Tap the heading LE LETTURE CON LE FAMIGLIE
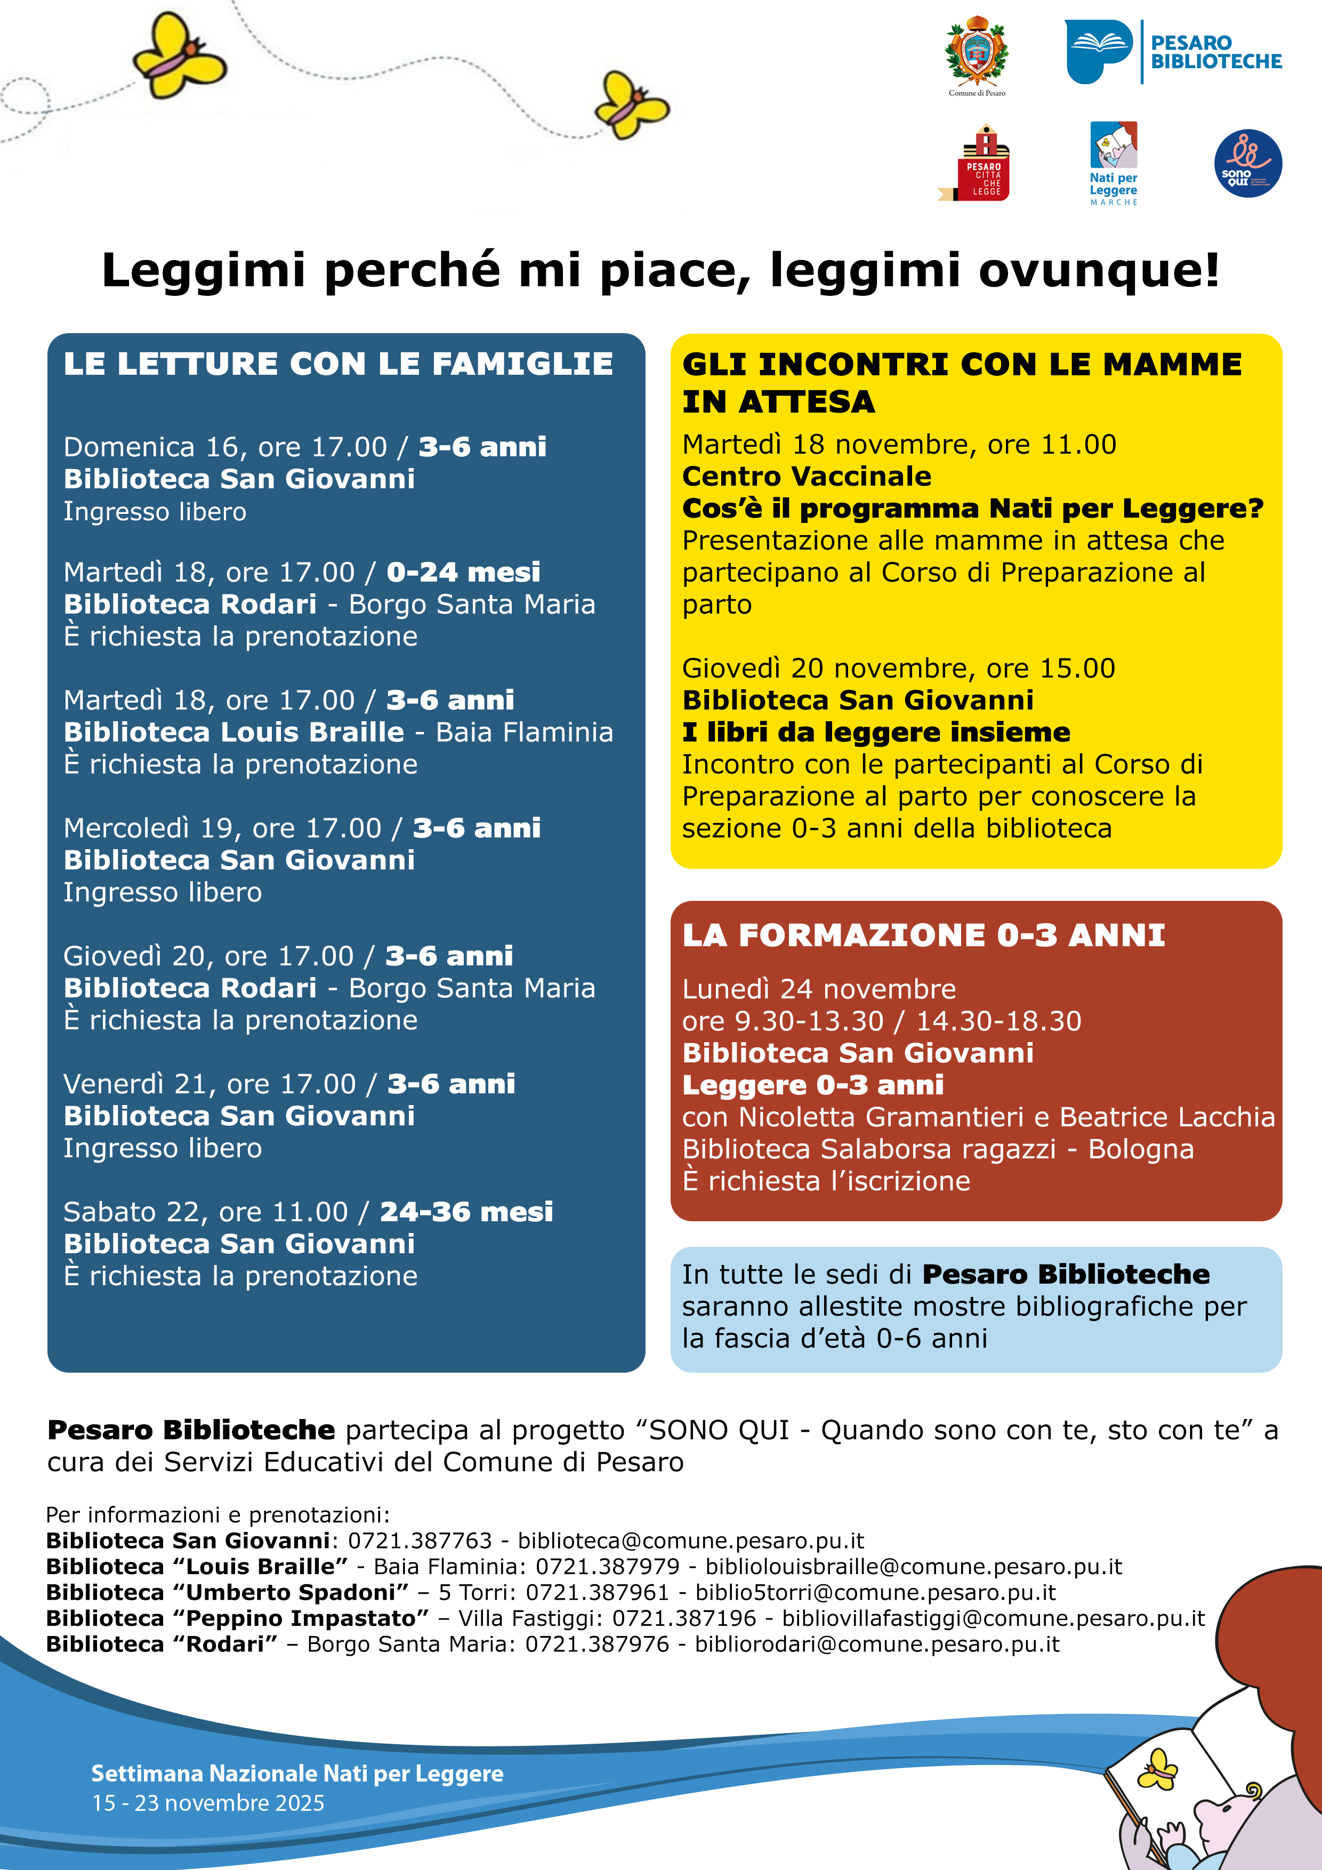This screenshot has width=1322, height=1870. [338, 364]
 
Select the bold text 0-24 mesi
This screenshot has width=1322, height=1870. [463, 572]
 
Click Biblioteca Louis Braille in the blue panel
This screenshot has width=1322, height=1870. [234, 732]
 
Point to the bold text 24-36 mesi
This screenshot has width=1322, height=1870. [466, 1212]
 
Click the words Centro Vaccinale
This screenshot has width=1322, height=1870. [807, 477]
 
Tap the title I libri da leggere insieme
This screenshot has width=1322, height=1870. [876, 732]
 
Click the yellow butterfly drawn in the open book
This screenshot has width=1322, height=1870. [1157, 1769]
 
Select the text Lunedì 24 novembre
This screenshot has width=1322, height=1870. [819, 989]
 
